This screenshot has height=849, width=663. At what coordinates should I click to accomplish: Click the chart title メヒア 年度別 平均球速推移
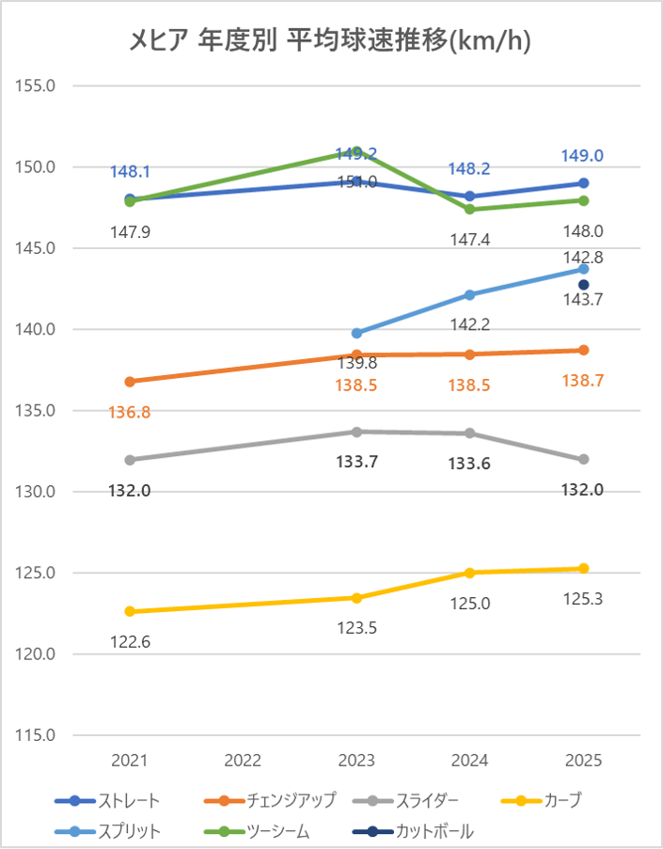331,41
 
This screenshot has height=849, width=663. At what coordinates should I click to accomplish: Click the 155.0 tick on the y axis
38,86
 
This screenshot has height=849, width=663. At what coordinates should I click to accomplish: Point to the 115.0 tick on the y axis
38,735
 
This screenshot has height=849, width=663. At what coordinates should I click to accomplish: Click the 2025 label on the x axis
583,760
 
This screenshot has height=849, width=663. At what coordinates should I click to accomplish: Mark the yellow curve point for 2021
130,611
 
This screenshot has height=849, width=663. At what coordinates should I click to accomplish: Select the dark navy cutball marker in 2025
583,285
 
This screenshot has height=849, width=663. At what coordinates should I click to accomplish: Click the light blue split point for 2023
356,333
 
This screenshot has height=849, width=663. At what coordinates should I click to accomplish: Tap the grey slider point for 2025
583,459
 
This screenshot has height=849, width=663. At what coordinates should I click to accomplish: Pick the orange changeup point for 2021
130,382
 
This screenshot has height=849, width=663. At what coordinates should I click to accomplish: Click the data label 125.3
583,597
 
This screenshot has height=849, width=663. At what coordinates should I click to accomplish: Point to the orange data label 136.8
130,412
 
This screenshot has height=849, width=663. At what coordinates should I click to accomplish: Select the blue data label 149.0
583,156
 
